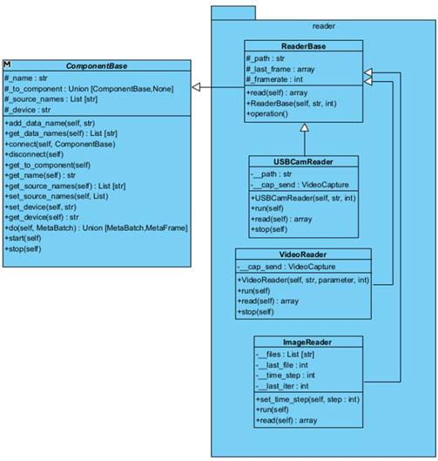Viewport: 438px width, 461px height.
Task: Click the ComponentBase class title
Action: tap(97, 66)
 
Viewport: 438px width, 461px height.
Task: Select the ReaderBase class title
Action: tap(303, 46)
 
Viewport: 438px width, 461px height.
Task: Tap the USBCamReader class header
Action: tap(303, 162)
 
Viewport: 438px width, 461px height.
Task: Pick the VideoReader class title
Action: tap(303, 254)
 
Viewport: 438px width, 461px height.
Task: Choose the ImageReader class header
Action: tap(307, 342)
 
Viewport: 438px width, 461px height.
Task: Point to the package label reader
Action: tap(324, 26)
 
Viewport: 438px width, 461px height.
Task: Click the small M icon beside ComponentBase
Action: tap(7, 64)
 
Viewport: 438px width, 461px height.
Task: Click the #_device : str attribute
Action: tap(28, 110)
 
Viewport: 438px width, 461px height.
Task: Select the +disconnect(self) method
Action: tap(34, 154)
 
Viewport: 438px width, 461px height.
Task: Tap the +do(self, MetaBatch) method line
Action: tap(96, 227)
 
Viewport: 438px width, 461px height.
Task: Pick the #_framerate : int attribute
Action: tap(274, 79)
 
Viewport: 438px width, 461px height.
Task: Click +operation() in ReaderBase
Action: tap(267, 114)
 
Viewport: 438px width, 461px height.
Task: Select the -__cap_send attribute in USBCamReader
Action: tap(300, 185)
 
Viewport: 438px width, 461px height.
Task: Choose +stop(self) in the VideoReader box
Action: tap(256, 312)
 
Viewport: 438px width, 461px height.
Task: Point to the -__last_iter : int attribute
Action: tap(282, 386)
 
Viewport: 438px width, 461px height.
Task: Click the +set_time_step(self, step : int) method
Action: tap(308, 399)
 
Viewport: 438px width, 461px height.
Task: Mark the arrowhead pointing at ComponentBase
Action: tap(196, 87)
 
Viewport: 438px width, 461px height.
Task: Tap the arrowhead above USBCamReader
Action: tap(305, 127)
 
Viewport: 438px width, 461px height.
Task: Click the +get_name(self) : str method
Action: tap(40, 175)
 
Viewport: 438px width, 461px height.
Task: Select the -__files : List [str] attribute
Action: tap(285, 355)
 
